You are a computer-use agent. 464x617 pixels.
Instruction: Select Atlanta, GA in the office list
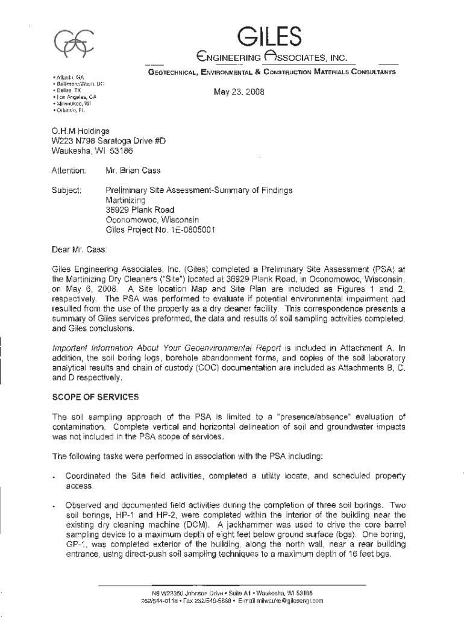[71, 78]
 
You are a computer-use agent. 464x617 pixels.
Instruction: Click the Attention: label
[69, 171]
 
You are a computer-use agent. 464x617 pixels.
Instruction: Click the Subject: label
[67, 190]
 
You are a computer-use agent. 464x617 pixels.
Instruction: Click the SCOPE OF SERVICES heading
[95, 398]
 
